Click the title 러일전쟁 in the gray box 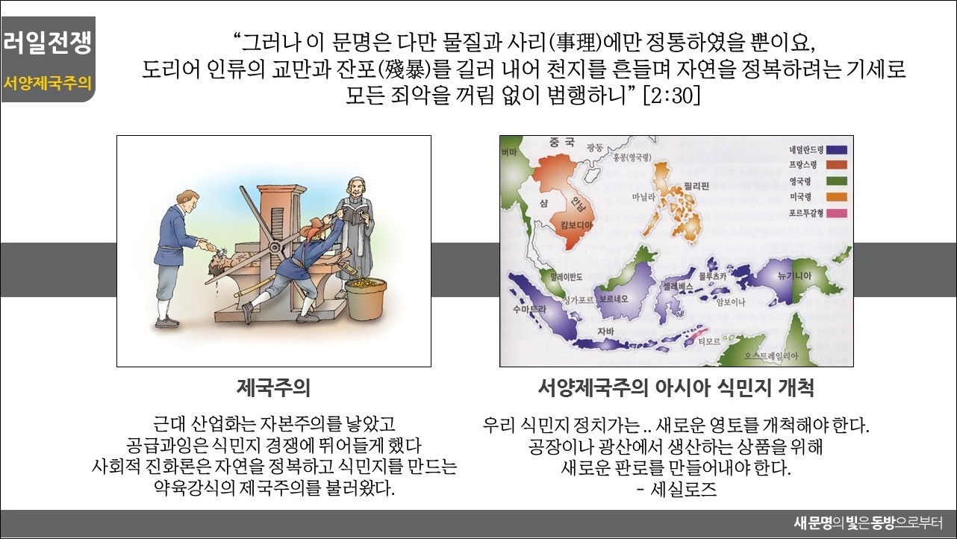point(48,43)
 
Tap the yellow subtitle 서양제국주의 point(48,83)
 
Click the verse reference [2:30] point(672,96)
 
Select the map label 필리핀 point(696,186)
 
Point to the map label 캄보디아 point(577,225)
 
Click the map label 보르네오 point(614,299)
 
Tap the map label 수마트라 point(529,309)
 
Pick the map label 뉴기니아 point(795,276)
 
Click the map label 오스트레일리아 point(771,356)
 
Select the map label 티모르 point(709,341)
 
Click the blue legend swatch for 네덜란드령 point(837,150)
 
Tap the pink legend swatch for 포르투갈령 point(837,213)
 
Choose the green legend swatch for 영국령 point(837,181)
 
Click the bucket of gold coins point(365,298)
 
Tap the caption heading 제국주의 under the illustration point(273,388)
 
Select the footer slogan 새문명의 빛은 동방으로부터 point(868,523)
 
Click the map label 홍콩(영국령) point(632,158)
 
